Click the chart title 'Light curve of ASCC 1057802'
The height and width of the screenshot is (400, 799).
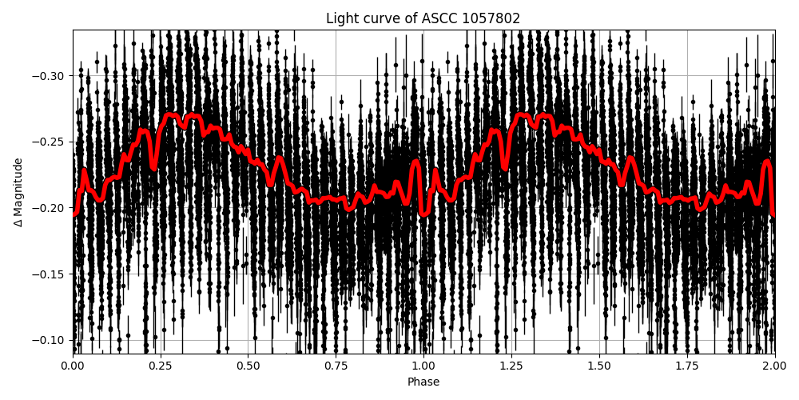click(423, 18)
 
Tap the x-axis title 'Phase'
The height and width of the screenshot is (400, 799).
click(423, 382)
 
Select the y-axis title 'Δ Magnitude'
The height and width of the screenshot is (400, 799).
click(18, 192)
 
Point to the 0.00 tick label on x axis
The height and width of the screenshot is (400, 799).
click(73, 366)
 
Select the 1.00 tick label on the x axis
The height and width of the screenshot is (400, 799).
click(423, 366)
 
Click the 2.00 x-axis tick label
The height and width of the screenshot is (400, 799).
click(774, 366)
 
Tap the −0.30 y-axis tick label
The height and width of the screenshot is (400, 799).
click(49, 76)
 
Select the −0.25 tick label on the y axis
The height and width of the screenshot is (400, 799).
click(49, 142)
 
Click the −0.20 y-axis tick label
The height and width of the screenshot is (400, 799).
click(49, 208)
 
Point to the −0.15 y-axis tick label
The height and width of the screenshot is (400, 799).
click(49, 274)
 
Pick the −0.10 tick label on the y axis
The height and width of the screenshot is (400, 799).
click(49, 340)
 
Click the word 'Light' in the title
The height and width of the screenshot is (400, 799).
click(341, 18)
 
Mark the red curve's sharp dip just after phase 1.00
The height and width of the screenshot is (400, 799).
click(424, 214)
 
